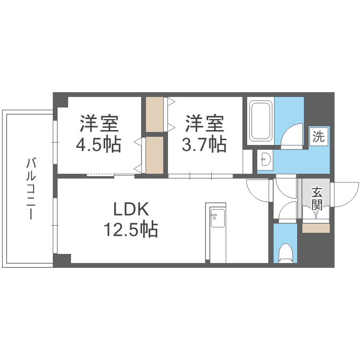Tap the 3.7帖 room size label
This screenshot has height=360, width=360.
tap(204, 144)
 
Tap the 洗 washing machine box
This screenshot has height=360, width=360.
tap(318, 137)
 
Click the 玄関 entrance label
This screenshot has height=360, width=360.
tap(316, 199)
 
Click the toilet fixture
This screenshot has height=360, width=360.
tap(285, 253)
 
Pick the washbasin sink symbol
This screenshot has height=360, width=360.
tap(264, 159)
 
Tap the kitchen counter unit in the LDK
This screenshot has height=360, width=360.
tap(216, 233)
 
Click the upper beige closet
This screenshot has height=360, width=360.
tap(155, 115)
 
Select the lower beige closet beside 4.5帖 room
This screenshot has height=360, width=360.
tap(155, 155)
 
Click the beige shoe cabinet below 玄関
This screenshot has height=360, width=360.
tap(316, 228)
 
